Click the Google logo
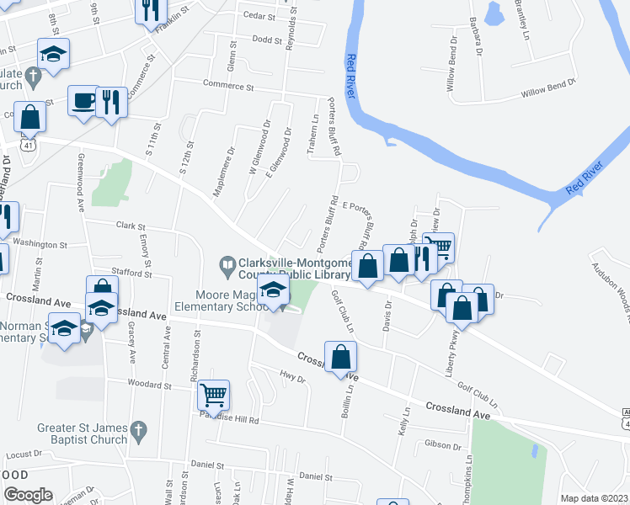(28, 495)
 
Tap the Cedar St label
(259, 16)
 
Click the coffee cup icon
(83, 101)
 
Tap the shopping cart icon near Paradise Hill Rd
(214, 393)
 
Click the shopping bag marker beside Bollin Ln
(340, 357)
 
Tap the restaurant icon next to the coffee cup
(111, 102)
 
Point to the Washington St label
(40, 245)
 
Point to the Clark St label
(131, 226)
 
